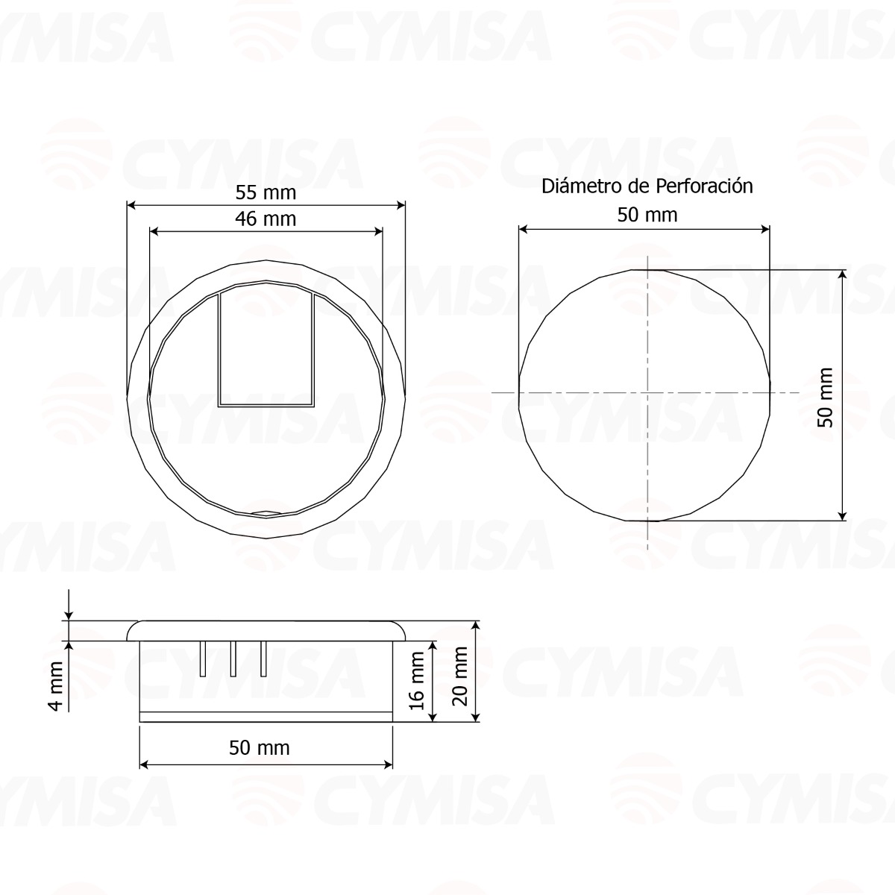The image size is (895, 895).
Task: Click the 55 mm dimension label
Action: pyautogui.click(x=266, y=192)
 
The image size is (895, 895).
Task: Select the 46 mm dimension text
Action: pyautogui.click(x=266, y=219)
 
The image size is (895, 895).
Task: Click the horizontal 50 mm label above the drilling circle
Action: pyautogui.click(x=647, y=215)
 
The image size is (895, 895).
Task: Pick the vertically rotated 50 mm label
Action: pyautogui.click(x=824, y=396)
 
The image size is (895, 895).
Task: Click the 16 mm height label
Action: pyautogui.click(x=417, y=680)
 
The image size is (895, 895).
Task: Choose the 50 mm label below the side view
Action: pyautogui.click(x=259, y=747)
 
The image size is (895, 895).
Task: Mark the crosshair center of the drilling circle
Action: pyautogui.click(x=647, y=392)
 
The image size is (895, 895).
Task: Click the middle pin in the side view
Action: pyautogui.click(x=233, y=659)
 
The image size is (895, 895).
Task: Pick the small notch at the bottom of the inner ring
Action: pyautogui.click(x=266, y=513)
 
